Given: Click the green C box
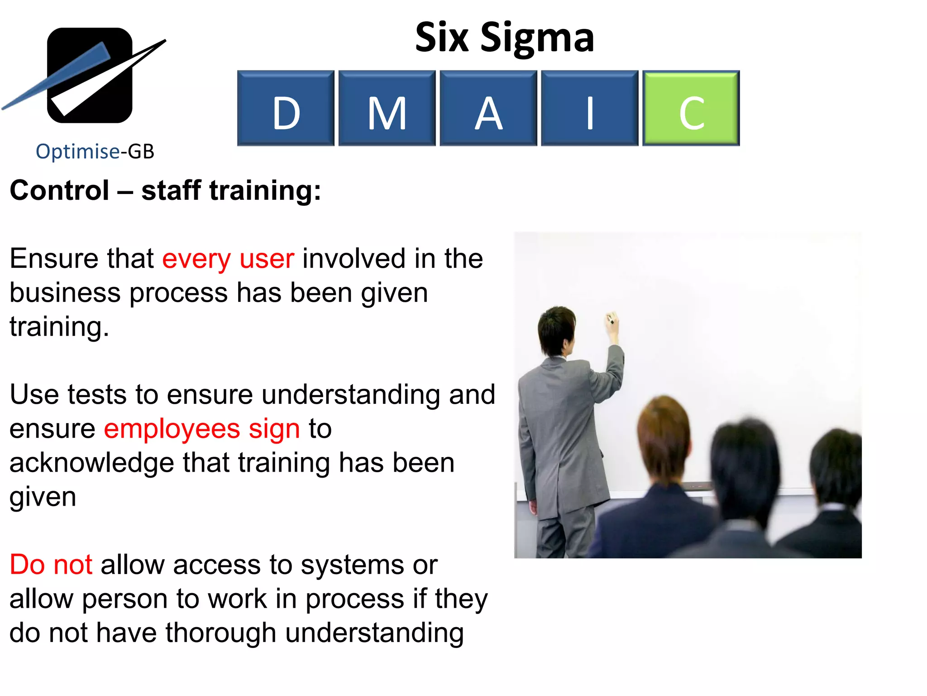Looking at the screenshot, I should [x=691, y=108].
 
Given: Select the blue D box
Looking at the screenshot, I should [x=286, y=108].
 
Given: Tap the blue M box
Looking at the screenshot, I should [x=387, y=108].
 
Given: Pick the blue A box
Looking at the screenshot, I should [x=488, y=108].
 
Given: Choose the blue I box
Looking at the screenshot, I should [x=589, y=108].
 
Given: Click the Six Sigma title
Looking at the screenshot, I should [x=504, y=38].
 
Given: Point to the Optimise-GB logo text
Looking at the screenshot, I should [x=95, y=151].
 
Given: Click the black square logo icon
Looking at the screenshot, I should [x=90, y=75].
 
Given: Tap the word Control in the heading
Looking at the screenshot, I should [x=59, y=190].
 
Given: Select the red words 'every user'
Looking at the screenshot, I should [x=228, y=259].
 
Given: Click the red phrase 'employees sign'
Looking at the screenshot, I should [x=202, y=429].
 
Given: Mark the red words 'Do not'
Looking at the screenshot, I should [x=51, y=565].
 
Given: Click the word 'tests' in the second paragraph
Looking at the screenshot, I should [x=97, y=395].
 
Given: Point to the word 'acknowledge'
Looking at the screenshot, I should [x=91, y=463].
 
